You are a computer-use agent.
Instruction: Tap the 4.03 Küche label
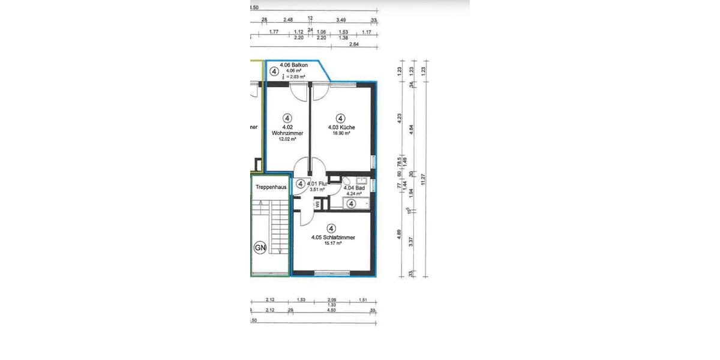coord(341,127)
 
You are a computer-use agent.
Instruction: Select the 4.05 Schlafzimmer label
coord(333,238)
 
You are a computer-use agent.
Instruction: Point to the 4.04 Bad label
coord(355,188)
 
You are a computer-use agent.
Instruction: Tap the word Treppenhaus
coord(270,187)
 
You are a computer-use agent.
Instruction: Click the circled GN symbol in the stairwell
coord(260,247)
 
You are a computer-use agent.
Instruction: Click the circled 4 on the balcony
coord(274,71)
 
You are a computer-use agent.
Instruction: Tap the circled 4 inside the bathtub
coord(352,204)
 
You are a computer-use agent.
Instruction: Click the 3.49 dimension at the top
coord(340,20)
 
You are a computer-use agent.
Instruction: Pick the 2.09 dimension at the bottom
coord(331,299)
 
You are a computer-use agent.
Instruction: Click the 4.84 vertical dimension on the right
coord(411,129)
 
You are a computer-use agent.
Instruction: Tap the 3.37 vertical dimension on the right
coord(411,242)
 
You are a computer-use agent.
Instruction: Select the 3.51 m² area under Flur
coord(317,190)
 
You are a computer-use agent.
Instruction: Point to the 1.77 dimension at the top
coord(274,31)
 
